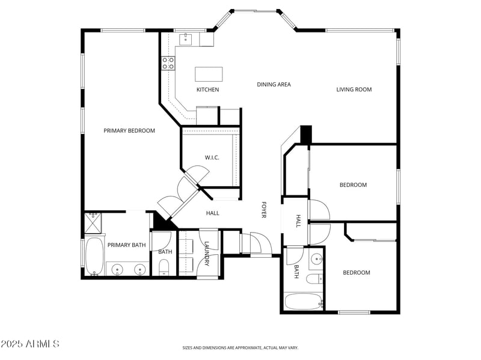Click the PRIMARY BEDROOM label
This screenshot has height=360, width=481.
[129, 130]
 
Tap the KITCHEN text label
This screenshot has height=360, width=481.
[207, 90]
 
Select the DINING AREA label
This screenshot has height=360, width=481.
[274, 85]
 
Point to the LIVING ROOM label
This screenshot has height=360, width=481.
[354, 90]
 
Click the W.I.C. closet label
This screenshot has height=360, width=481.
[212, 157]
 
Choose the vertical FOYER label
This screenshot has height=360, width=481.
[263, 209]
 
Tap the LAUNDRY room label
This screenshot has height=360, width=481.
[207, 254]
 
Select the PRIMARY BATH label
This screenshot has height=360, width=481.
[126, 245]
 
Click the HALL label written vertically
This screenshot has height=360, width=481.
[298, 221]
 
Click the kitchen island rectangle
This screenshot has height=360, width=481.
[208, 74]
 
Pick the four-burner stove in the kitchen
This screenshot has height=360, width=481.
[168, 63]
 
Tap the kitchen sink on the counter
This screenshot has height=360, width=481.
[186, 39]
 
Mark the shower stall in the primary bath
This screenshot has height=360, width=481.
[93, 222]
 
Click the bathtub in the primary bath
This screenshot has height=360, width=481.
[94, 257]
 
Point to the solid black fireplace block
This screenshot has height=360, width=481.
[306, 133]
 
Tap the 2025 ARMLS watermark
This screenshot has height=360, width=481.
[30, 344]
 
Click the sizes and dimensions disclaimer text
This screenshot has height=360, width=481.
[240, 347]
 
